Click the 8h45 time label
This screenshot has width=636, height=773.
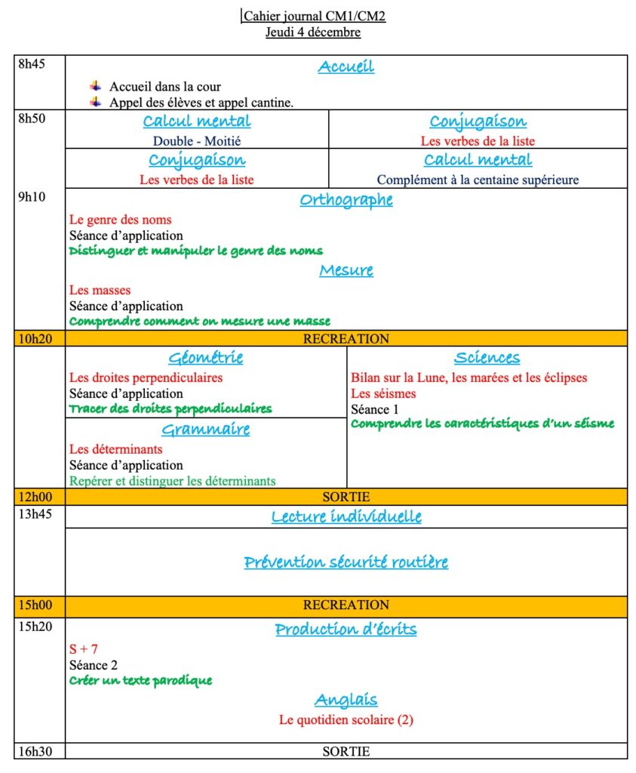[32, 64]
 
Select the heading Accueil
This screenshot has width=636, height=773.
[346, 67]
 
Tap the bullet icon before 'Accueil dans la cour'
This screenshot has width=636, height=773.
[95, 87]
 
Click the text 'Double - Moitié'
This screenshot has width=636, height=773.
[197, 140]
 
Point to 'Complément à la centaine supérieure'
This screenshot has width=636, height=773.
[478, 180]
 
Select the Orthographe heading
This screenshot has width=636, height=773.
[346, 200]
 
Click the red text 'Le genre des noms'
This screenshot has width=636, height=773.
[120, 220]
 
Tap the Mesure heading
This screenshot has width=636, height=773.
[346, 270]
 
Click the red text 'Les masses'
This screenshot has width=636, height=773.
[100, 290]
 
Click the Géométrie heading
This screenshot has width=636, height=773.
[205, 358]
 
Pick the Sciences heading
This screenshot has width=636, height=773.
[487, 358]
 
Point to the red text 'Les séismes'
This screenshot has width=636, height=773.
[383, 393]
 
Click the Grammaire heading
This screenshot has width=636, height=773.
[205, 430]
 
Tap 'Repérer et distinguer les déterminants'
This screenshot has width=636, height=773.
[172, 480]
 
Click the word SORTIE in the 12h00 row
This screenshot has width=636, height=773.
[346, 497]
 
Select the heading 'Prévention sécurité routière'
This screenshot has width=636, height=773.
[346, 562]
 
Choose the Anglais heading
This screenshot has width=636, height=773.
[346, 700]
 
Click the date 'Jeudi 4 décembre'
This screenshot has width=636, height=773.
[312, 32]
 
